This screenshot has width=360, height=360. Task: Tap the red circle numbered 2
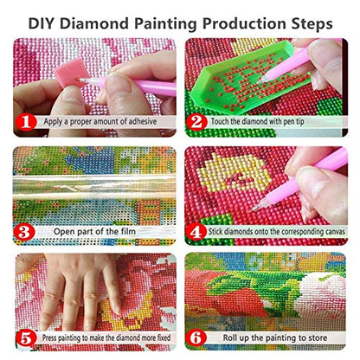tap(197, 122)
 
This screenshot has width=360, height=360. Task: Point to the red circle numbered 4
tap(197, 230)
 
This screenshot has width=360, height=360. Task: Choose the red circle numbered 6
tap(197, 338)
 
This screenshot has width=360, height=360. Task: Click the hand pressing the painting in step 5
tap(82, 290)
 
